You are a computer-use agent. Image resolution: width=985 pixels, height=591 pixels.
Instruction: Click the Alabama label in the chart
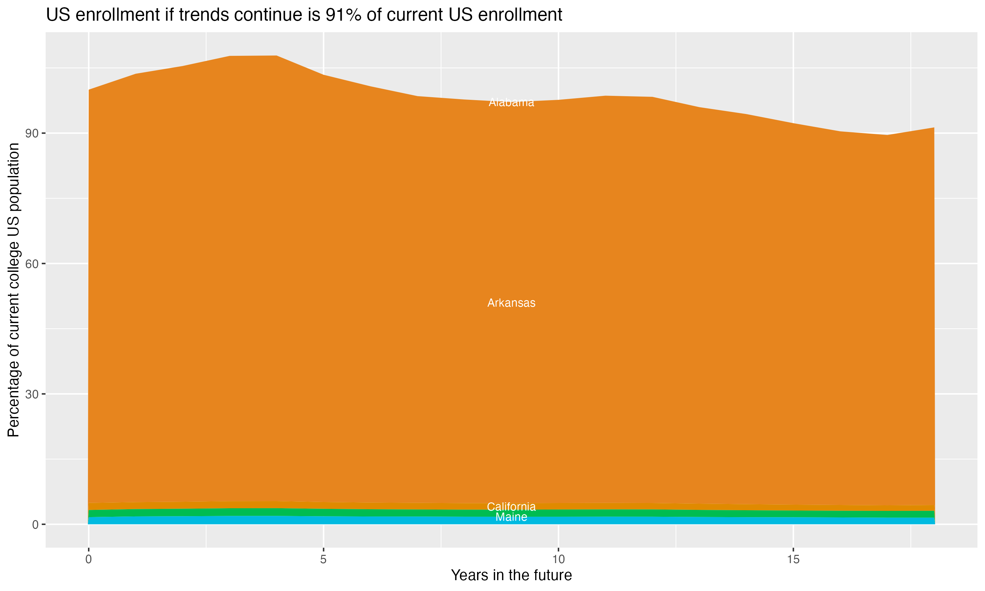click(x=511, y=103)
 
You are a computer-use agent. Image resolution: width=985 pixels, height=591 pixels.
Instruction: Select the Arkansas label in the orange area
click(x=511, y=303)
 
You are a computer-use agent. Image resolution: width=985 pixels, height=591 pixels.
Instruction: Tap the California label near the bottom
click(x=511, y=507)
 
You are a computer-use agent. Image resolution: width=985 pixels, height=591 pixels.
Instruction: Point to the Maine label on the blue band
click(x=511, y=517)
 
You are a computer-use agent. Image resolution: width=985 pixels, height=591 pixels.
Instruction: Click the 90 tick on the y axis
click(x=32, y=133)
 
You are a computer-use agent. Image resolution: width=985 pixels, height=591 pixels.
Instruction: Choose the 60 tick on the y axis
click(x=32, y=264)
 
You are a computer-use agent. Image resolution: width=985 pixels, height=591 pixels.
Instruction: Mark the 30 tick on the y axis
click(x=32, y=394)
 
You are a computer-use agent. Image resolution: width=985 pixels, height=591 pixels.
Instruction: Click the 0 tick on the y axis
click(x=35, y=524)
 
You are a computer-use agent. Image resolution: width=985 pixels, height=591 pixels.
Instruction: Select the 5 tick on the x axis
click(x=323, y=559)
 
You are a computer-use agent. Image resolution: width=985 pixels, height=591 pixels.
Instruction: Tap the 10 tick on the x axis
click(x=558, y=559)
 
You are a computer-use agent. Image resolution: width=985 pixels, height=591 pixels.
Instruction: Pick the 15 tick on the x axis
click(x=793, y=559)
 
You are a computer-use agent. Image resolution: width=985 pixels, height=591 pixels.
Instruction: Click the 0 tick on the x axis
click(x=88, y=559)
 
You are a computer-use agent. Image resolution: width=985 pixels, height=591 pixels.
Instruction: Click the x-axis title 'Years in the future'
click(x=511, y=576)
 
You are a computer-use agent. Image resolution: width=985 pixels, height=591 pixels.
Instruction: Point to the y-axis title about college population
click(x=13, y=290)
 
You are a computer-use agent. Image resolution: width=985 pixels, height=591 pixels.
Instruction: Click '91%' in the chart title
click(x=343, y=15)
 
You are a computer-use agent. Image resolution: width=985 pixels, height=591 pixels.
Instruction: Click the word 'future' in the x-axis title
click(x=552, y=576)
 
